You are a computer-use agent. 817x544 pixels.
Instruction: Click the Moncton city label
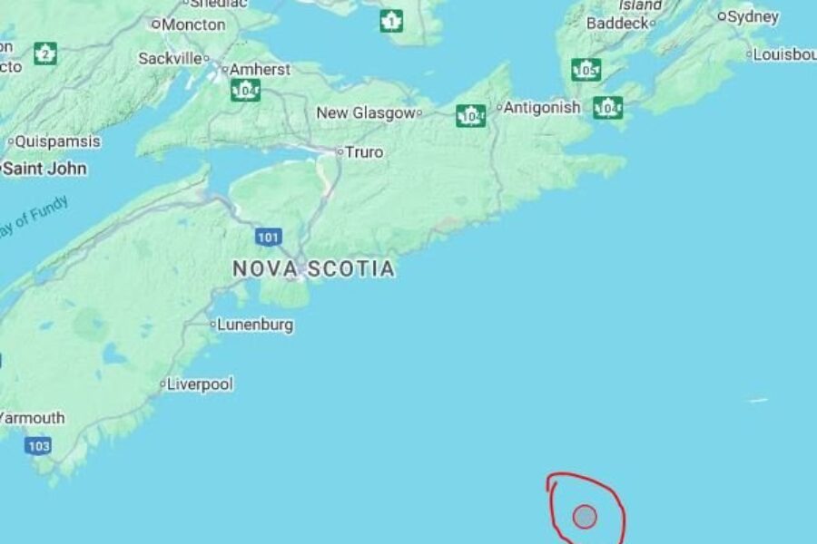point(193,24)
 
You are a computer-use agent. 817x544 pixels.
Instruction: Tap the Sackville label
point(171,58)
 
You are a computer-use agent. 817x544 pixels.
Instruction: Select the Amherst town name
point(260,69)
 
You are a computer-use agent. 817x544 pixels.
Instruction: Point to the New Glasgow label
point(366,112)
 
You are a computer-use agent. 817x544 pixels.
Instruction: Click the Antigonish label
point(542,107)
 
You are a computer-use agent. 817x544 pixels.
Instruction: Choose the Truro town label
point(364,152)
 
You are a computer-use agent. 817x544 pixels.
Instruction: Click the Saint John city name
point(45,169)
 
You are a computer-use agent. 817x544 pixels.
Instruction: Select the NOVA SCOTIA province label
point(313,268)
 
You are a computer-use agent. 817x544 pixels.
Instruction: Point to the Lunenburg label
point(255,325)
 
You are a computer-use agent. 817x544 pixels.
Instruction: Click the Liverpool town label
point(200,384)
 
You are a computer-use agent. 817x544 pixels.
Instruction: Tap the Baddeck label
point(617,23)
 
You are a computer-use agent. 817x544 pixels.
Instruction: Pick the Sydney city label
point(753,16)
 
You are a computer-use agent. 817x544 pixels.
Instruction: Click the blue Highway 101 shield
point(267,238)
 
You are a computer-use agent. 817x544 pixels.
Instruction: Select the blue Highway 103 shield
point(38,445)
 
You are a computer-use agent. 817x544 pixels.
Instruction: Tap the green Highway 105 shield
point(586,70)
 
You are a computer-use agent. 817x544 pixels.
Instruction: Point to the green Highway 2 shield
point(44,53)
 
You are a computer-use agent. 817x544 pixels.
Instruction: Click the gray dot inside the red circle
point(585,516)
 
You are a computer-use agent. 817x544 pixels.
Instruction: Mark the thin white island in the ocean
point(757,400)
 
